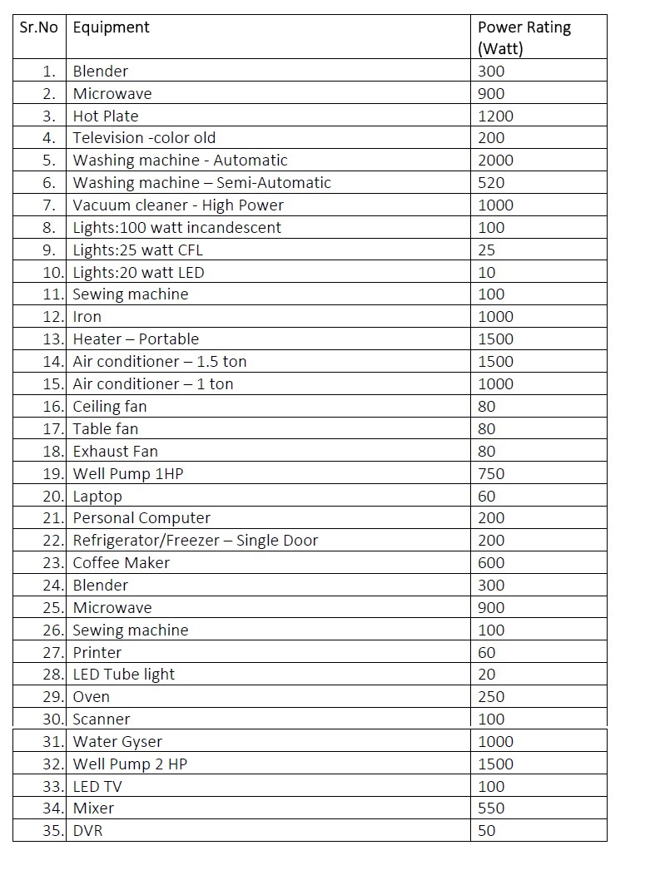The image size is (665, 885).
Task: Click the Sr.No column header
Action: click(38, 27)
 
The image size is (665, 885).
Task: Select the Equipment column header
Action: click(111, 27)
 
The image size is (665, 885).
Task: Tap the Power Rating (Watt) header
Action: click(524, 37)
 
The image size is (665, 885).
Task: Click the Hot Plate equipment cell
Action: click(106, 116)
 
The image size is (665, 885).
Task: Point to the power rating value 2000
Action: click(496, 161)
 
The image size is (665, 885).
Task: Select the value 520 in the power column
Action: click(491, 183)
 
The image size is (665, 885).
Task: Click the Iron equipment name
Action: click(87, 317)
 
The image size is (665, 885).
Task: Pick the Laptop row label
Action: click(97, 497)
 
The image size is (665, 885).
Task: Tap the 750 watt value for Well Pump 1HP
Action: click(491, 474)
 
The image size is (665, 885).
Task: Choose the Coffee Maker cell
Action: click(122, 563)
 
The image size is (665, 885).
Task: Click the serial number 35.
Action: click(53, 831)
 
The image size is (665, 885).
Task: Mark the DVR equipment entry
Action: click(87, 831)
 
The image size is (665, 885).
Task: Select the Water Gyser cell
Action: click(117, 742)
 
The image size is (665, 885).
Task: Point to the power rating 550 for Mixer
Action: click(491, 808)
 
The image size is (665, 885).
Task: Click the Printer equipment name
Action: click(97, 653)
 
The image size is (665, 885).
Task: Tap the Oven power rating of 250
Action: click(491, 697)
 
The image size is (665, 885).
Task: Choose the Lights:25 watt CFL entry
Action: click(137, 250)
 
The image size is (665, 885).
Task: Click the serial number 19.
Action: click(53, 474)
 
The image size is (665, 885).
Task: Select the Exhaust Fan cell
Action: click(115, 452)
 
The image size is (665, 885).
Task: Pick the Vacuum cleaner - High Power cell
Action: click(178, 205)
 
